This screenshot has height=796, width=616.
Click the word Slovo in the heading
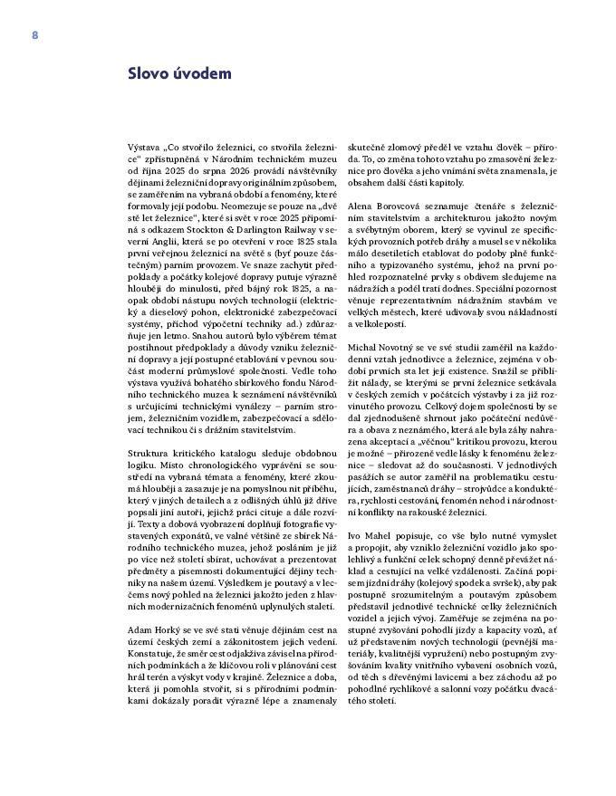click(x=149, y=74)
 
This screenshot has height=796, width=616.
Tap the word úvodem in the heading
click(x=202, y=74)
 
